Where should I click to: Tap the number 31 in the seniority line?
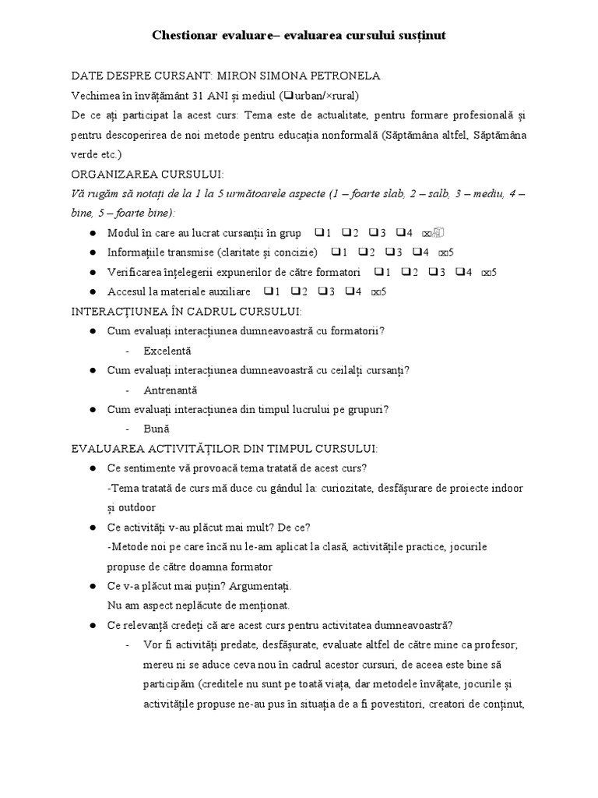[202, 96]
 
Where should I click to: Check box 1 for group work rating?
[319, 232]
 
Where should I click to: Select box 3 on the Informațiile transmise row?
[390, 252]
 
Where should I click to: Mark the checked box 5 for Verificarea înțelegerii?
[486, 272]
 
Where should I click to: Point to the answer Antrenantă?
[170, 390]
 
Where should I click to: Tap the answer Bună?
[156, 429]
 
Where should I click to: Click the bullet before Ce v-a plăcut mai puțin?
[93, 586]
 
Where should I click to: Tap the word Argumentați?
[259, 586]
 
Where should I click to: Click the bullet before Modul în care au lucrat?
[93, 233]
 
